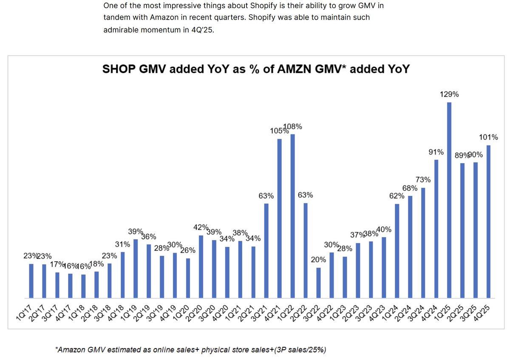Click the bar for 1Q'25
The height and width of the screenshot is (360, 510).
[x=449, y=200]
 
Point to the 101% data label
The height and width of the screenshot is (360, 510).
[x=488, y=137]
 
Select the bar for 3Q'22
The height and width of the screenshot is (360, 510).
[x=318, y=283]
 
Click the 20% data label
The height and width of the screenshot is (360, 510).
[x=318, y=260]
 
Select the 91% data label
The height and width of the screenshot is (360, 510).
[x=436, y=152]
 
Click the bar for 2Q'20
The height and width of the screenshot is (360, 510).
[x=201, y=266]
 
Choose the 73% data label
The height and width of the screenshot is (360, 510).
[x=423, y=180]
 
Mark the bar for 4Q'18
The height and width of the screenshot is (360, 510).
[x=122, y=275]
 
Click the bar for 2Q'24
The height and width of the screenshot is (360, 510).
[x=410, y=247]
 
